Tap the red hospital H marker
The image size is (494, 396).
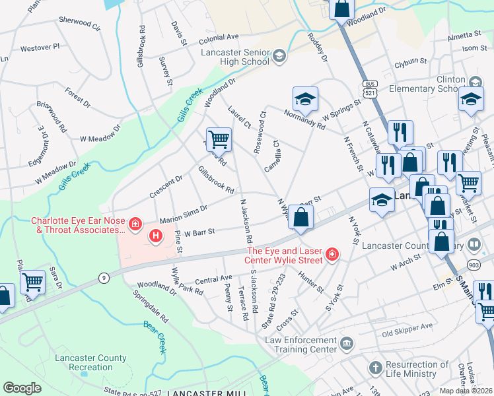156,235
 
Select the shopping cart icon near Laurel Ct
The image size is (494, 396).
219,140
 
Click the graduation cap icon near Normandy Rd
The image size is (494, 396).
304,99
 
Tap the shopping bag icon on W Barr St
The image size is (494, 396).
300,218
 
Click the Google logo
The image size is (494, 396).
22,388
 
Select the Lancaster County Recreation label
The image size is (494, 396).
98,362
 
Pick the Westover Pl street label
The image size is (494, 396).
40,48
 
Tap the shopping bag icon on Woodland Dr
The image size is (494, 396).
342,9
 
